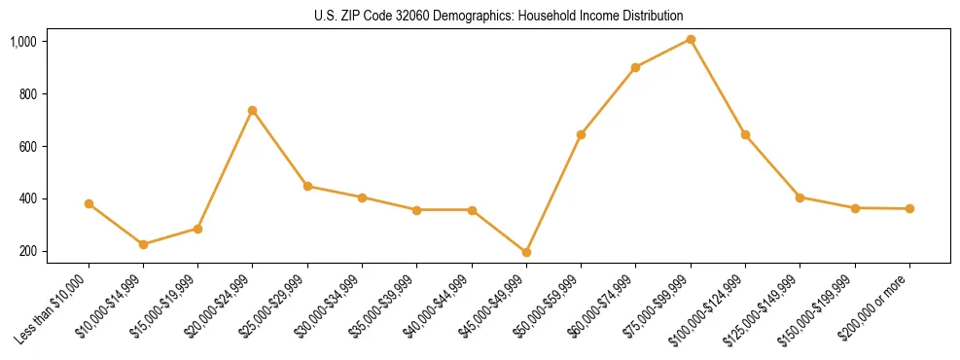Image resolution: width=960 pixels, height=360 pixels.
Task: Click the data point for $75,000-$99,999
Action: coord(691,40)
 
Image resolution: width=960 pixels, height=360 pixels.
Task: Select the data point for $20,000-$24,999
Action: coord(253,111)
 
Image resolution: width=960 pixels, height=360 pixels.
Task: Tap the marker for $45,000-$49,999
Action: coord(526,252)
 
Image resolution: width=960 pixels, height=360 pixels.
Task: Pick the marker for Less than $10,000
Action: coord(89,204)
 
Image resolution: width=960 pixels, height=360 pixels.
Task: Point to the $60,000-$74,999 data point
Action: coord(635,67)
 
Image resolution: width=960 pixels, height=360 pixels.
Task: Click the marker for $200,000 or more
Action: coord(909,208)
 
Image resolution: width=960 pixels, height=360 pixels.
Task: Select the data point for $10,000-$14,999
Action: coord(143,244)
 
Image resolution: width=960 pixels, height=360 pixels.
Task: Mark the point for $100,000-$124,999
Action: coord(745,135)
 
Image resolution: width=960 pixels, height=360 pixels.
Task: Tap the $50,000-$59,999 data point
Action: coord(581,135)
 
